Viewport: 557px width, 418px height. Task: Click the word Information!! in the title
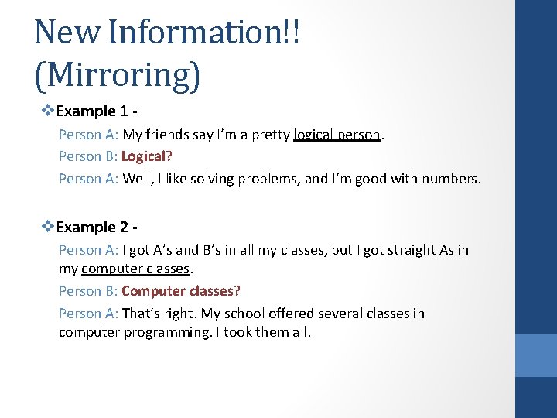click(x=204, y=33)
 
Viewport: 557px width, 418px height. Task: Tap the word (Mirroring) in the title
click(x=118, y=74)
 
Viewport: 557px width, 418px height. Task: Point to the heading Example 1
click(x=96, y=111)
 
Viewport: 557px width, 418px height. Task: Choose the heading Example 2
click(x=96, y=227)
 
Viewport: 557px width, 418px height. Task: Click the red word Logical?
click(x=147, y=156)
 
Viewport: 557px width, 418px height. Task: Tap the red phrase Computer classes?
click(x=181, y=291)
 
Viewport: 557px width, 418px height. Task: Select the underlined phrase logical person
click(x=337, y=135)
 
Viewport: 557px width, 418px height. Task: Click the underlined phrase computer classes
click(x=135, y=269)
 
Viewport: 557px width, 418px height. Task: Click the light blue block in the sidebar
click(x=535, y=355)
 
